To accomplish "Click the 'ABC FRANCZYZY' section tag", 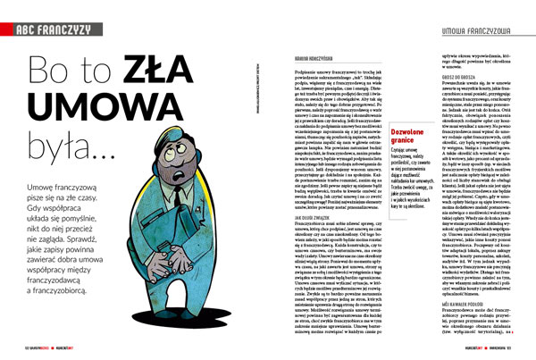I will tap(55, 29).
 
